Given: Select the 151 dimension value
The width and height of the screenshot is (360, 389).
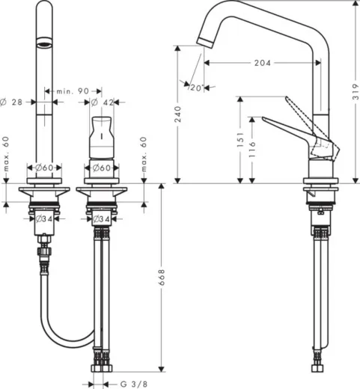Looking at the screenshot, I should point(240,139).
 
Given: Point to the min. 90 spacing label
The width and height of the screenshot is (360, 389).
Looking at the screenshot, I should point(73,91).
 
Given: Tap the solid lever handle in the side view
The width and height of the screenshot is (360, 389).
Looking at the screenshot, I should point(288,125).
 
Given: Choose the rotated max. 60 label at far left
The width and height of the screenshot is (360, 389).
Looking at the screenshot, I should point(5,154).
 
